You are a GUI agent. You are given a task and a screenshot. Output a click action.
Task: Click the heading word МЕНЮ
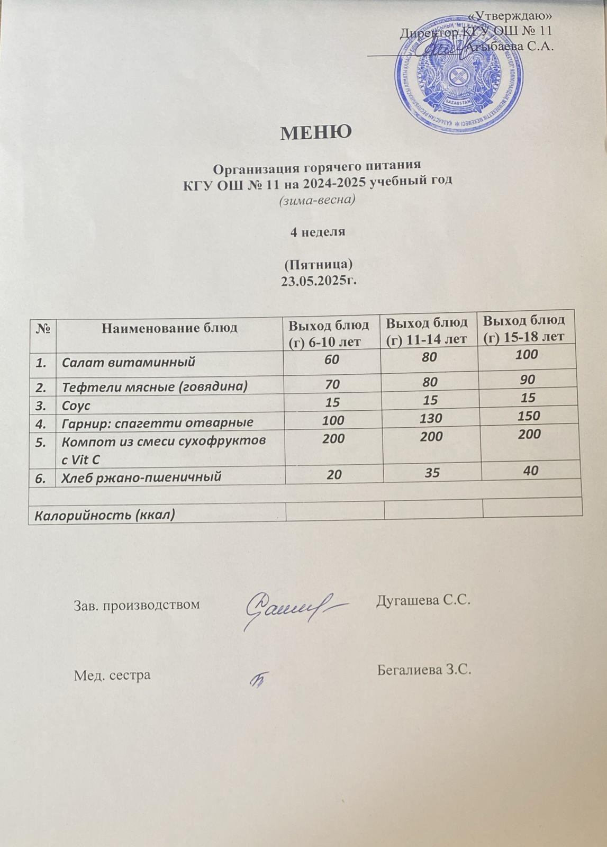(315, 132)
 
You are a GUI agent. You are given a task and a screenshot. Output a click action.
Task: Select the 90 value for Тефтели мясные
(527, 379)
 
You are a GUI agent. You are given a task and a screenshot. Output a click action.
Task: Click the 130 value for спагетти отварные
(429, 418)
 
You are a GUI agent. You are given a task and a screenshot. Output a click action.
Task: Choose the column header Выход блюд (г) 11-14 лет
(427, 330)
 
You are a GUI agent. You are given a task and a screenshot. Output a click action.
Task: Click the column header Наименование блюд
(169, 328)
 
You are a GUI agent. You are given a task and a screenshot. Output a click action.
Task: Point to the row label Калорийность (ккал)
(105, 515)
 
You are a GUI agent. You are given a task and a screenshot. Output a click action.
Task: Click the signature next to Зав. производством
(291, 608)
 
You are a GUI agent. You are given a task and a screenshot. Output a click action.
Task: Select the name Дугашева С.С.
(423, 601)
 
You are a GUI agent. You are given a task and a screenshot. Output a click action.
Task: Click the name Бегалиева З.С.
(424, 670)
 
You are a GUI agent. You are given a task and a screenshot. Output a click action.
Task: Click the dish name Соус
(76, 406)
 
